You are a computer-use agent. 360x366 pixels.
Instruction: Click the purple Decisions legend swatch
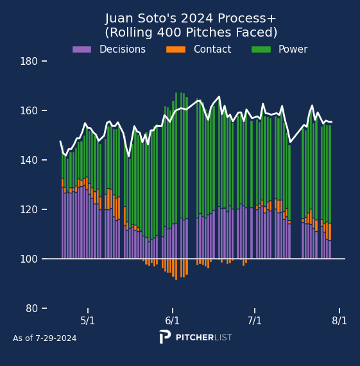pos(81,49)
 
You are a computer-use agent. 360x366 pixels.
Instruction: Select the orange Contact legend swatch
pos(176,49)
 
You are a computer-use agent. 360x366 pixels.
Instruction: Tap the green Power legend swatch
pos(261,49)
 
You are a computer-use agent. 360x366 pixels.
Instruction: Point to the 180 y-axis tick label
pos(29,62)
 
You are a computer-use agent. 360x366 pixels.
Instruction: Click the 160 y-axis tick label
pos(29,110)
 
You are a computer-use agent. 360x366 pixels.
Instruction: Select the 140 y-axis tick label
pos(29,160)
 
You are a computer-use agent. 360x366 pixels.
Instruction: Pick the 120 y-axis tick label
pos(29,209)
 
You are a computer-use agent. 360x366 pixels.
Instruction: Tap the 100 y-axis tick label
pos(29,259)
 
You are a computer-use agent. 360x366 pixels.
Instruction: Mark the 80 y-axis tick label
pos(31,308)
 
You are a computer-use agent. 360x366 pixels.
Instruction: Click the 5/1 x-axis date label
pos(87,320)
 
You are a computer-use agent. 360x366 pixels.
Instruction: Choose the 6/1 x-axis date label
pos(172,320)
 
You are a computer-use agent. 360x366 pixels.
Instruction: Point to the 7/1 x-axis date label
pos(254,320)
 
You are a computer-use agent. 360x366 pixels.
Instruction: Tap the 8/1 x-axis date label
pos(339,320)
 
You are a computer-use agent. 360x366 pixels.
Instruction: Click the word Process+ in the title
pos(247,19)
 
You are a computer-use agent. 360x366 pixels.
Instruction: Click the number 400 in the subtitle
pos(169,32)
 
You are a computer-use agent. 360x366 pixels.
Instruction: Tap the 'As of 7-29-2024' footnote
pos(44,338)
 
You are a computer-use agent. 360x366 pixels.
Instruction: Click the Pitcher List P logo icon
pos(165,336)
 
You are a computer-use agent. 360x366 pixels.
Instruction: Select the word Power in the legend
pos(293,49)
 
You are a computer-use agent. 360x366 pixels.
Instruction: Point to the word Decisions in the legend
pos(123,49)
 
